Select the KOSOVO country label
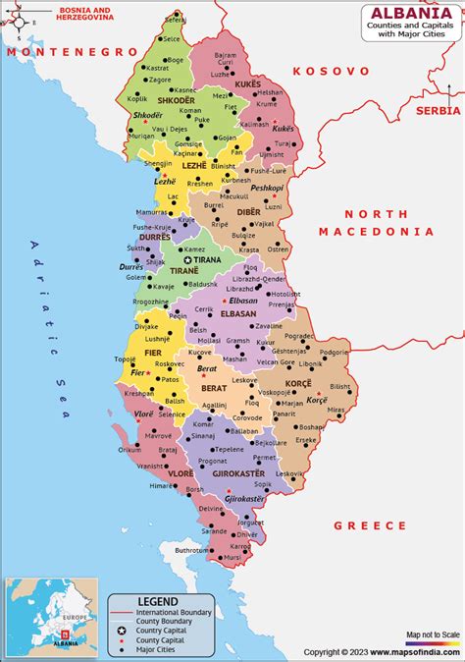click(x=331, y=72)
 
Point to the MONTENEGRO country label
click(x=70, y=50)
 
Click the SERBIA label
click(x=437, y=111)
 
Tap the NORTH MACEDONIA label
click(x=375, y=222)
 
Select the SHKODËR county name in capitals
click(x=169, y=100)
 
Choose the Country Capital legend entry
click(x=161, y=629)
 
